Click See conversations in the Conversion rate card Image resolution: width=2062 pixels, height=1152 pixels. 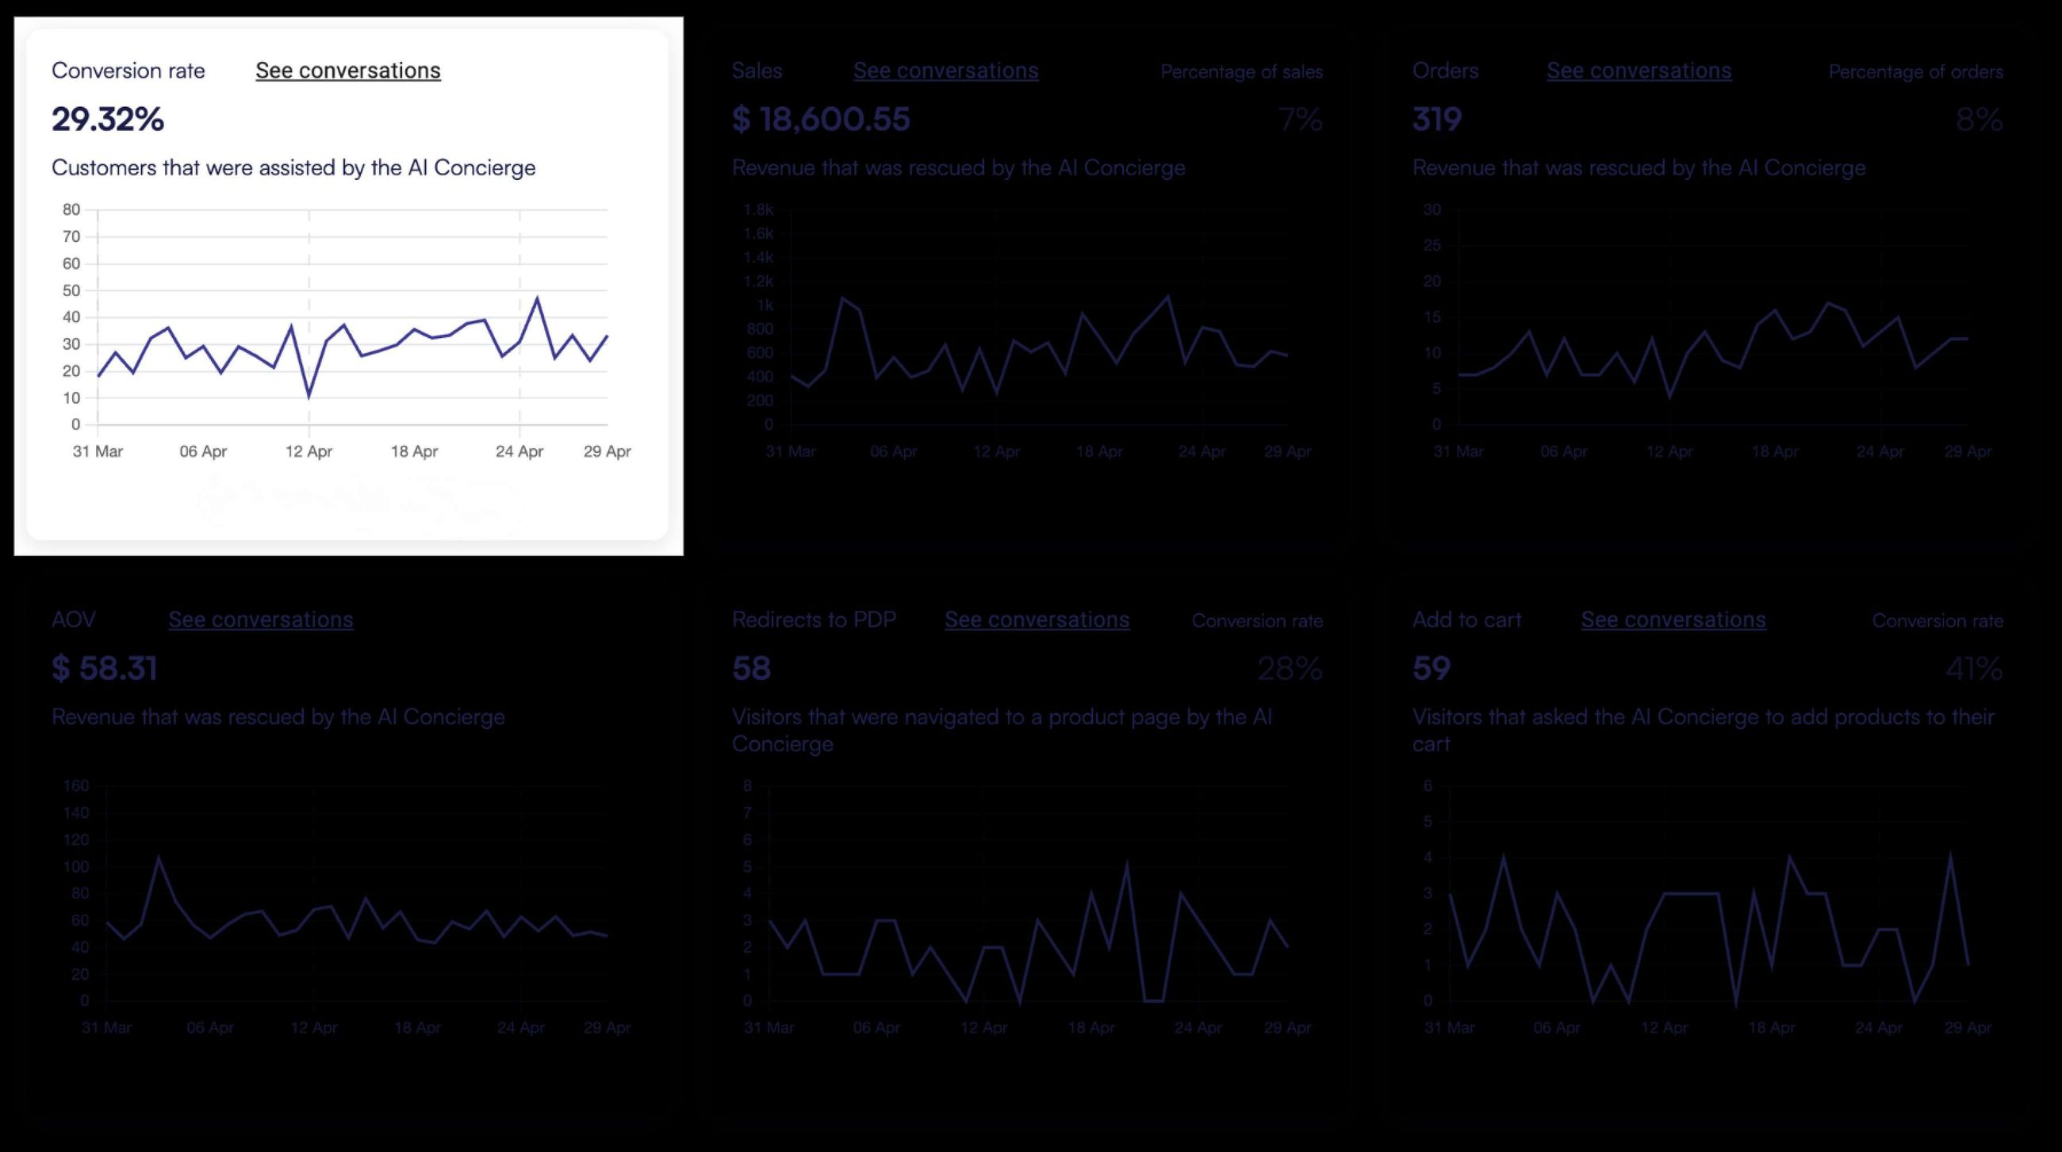point(347,71)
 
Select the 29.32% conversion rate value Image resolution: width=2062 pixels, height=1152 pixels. point(107,119)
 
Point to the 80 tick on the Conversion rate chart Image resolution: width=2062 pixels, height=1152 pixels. point(71,209)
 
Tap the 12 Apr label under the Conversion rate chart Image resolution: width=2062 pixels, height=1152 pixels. point(309,451)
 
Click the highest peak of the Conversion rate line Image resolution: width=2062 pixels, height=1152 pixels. point(537,298)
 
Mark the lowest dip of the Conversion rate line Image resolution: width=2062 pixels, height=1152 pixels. point(309,395)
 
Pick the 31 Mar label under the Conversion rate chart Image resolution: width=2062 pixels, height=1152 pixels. point(98,451)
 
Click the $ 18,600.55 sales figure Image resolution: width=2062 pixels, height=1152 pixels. point(821,119)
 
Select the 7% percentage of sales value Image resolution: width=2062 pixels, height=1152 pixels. point(1300,119)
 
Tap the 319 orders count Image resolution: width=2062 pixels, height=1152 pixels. point(1437,119)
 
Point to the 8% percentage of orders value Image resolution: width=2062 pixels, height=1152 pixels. point(1979,119)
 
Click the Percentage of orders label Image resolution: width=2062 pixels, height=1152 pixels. point(1915,72)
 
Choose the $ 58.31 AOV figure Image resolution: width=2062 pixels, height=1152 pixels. point(104,669)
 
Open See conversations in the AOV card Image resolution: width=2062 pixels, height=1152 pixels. point(260,620)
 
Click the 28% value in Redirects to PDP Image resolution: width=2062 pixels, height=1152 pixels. point(1289,669)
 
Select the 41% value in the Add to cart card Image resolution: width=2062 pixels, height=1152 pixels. point(1974,669)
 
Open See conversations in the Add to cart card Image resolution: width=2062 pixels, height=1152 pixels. point(1673,620)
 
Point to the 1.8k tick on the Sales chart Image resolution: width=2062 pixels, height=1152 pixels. point(758,209)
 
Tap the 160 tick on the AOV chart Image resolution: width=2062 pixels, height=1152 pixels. point(76,785)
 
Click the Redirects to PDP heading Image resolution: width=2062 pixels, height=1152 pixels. point(813,620)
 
